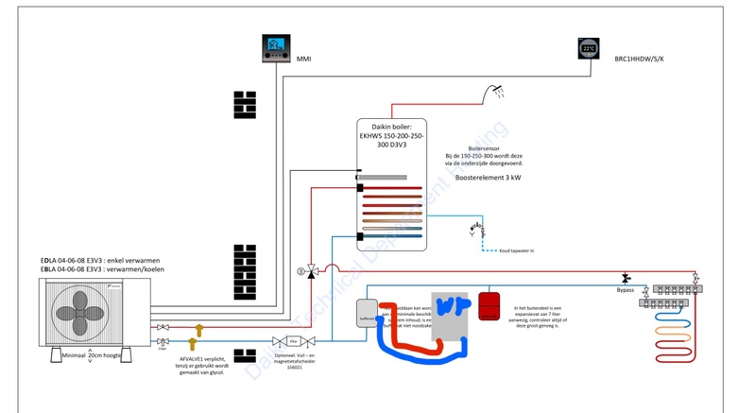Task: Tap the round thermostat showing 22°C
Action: (589, 48)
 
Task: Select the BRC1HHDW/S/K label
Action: (640, 59)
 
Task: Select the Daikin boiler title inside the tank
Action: (391, 136)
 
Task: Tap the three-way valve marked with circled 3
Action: (311, 271)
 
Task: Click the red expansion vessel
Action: (490, 305)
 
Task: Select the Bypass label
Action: (626, 290)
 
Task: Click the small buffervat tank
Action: (368, 313)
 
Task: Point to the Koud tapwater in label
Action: (514, 250)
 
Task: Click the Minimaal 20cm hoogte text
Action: (93, 355)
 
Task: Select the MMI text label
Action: (303, 59)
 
